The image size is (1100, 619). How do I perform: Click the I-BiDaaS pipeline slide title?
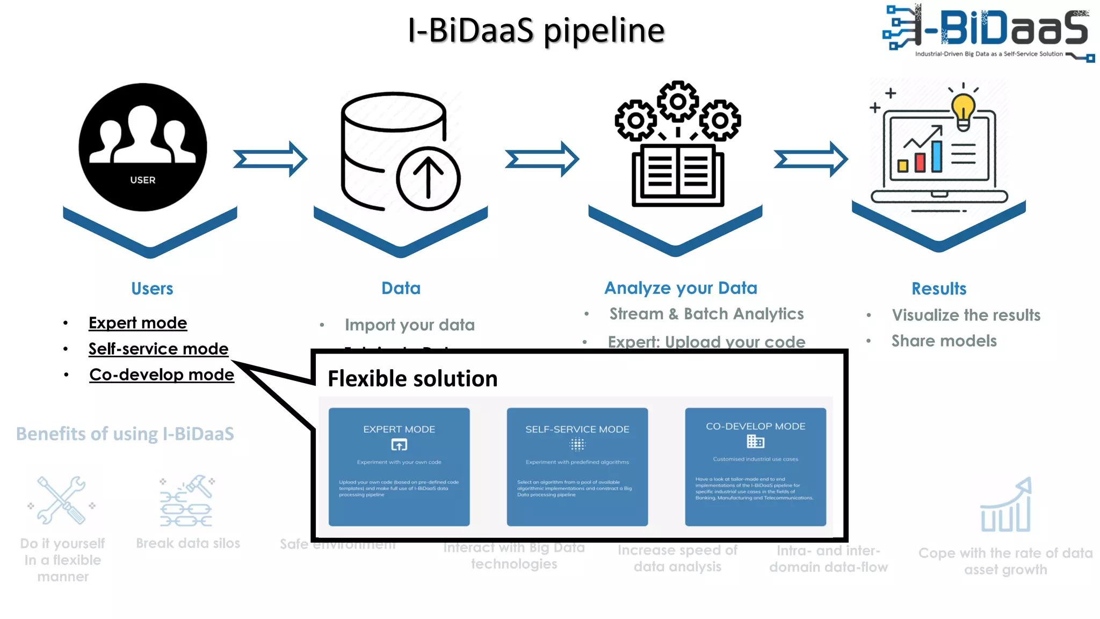(x=536, y=31)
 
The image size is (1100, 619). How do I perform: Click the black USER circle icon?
(x=143, y=147)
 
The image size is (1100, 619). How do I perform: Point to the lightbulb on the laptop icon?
(x=963, y=110)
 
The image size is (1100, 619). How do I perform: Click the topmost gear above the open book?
(x=678, y=101)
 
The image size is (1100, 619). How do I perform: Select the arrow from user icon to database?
(x=270, y=159)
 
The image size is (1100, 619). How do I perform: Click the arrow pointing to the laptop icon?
(x=810, y=159)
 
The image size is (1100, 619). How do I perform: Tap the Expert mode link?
(x=137, y=323)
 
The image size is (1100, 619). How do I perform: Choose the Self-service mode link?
(x=158, y=349)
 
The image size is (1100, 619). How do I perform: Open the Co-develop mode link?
(x=162, y=375)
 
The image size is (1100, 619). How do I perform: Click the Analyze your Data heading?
(x=681, y=288)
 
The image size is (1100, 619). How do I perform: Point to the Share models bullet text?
(x=944, y=341)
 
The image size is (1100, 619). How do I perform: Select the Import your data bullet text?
(x=409, y=325)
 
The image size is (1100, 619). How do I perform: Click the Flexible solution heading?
(x=412, y=379)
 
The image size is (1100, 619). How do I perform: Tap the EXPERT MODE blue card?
(x=399, y=466)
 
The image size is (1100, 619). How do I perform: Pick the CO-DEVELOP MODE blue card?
(x=755, y=466)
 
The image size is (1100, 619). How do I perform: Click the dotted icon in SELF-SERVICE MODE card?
(x=577, y=444)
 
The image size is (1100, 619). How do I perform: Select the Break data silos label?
(x=188, y=543)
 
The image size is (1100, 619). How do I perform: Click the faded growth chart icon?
(x=1006, y=505)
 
